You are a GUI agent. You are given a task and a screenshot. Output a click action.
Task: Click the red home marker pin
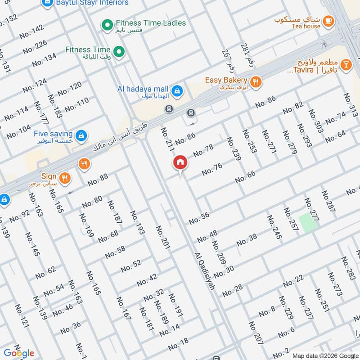(x=180, y=163)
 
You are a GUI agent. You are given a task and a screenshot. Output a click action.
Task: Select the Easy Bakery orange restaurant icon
(x=256, y=81)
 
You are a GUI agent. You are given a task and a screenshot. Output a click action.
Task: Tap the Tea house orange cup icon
(x=328, y=21)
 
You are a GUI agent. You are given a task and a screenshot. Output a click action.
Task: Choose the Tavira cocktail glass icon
(x=346, y=65)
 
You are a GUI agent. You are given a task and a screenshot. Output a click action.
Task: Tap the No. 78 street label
(x=203, y=151)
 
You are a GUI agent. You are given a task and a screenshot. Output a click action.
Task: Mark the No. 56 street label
(x=199, y=218)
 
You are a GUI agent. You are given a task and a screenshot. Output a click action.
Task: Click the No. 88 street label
(x=98, y=180)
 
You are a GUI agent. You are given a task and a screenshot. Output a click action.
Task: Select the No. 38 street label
(x=247, y=240)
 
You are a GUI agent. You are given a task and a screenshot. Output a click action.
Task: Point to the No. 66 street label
(x=245, y=176)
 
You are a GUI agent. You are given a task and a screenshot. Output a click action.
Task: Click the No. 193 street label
(x=138, y=223)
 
